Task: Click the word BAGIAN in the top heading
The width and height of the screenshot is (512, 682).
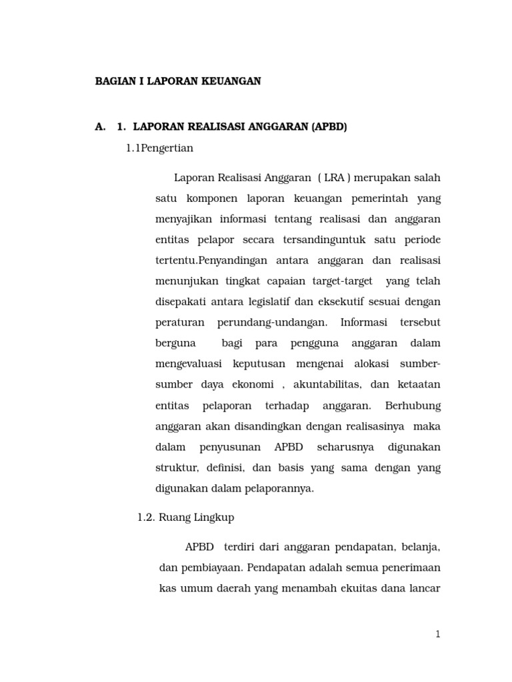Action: pyautogui.click(x=114, y=81)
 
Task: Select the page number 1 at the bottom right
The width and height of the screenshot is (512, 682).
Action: pyautogui.click(x=437, y=634)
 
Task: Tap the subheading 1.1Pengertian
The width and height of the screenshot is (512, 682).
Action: pyautogui.click(x=159, y=148)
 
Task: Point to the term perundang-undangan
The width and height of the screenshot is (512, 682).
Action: pyautogui.click(x=272, y=322)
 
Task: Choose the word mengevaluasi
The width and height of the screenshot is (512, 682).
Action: pyautogui.click(x=189, y=364)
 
